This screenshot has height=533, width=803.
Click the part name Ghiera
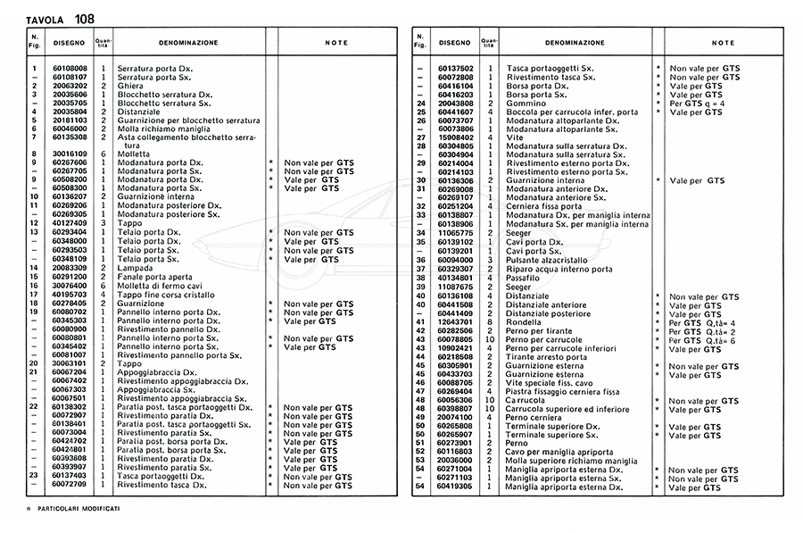point(130,85)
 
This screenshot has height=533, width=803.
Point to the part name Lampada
point(134,267)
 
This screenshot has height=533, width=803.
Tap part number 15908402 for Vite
point(455,137)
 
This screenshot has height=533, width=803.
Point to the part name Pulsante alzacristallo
point(547,260)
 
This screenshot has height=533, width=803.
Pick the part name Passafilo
point(525,277)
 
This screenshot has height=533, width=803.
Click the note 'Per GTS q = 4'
point(698,103)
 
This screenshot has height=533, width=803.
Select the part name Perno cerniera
point(534,417)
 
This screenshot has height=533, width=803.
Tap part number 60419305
point(455,487)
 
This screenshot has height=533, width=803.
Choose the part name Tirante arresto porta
point(546,356)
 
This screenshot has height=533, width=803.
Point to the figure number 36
point(419,260)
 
